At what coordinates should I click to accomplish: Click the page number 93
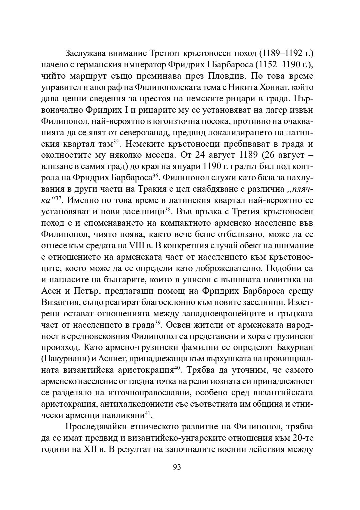177,467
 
